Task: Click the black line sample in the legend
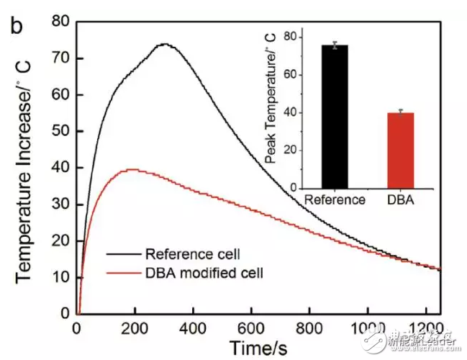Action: pyautogui.click(x=124, y=254)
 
